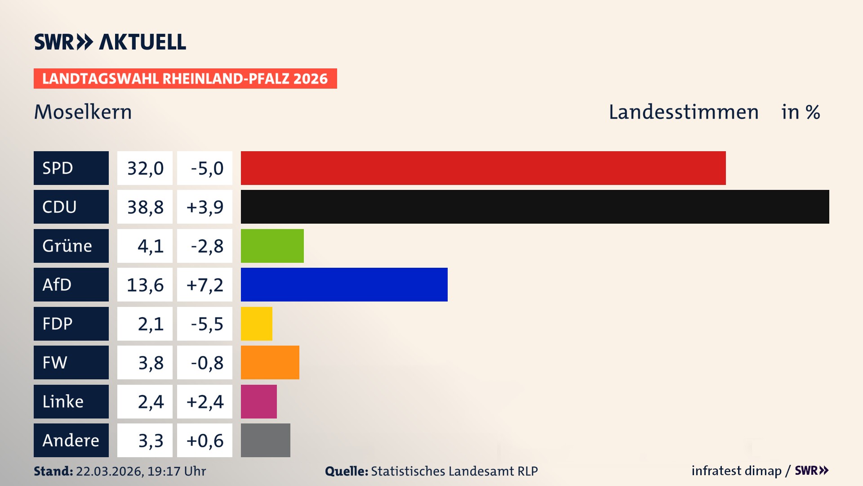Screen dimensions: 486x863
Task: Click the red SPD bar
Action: coord(483,168)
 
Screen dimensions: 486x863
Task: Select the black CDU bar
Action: coord(535,207)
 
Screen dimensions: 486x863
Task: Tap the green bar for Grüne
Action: coord(272,246)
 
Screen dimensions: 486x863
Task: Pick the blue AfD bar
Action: coord(344,284)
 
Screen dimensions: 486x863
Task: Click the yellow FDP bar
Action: coord(256,324)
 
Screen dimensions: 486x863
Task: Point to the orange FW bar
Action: coord(270,362)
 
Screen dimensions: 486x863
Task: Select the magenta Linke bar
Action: coord(258,401)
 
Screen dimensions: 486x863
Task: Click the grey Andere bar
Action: coord(265,440)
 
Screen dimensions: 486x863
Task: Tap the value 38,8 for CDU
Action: coord(145,207)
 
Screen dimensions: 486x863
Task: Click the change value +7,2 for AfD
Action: coord(205,285)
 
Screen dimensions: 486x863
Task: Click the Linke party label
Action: coord(63,401)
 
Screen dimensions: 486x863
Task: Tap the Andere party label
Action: coord(71,440)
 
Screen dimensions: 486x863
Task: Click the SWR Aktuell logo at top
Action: coord(110,42)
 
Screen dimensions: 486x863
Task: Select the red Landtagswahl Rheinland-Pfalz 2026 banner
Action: coord(185,79)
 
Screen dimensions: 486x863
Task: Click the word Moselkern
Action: coord(83,112)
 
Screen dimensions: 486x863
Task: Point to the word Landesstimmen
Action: coord(683,112)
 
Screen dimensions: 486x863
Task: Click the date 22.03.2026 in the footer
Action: coord(109,471)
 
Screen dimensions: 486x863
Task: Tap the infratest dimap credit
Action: coord(736,471)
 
